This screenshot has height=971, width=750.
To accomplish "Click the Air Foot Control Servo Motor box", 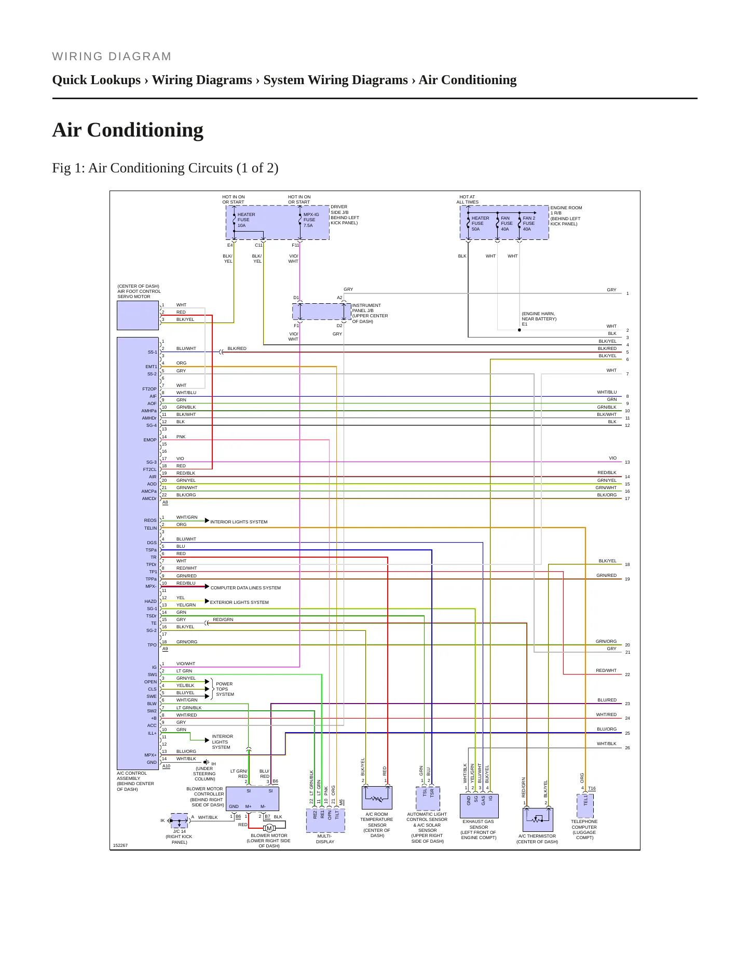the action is (138, 315).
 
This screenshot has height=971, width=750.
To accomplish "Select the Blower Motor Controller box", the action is (252, 799).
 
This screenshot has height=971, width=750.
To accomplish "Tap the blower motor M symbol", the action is (269, 828).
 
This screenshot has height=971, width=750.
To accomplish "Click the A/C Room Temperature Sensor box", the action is (377, 798).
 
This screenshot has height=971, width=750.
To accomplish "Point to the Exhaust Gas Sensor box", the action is (479, 806).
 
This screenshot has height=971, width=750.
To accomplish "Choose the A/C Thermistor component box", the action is (538, 820).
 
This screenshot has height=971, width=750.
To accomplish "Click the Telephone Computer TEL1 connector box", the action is (585, 806).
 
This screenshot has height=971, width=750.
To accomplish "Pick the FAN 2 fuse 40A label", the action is (529, 223).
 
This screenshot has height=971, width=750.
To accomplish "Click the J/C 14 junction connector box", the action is (179, 821).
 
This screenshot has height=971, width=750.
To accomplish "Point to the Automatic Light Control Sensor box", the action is (428, 799).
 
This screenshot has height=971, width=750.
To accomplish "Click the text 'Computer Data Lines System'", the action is (246, 588).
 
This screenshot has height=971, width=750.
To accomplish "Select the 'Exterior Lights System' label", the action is (239, 602).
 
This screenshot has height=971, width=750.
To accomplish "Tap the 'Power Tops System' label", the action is (225, 689).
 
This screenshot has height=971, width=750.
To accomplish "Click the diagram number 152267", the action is (120, 845).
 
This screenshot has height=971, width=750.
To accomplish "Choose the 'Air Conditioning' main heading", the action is (128, 130).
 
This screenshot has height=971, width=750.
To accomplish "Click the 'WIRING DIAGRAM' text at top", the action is (112, 57).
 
